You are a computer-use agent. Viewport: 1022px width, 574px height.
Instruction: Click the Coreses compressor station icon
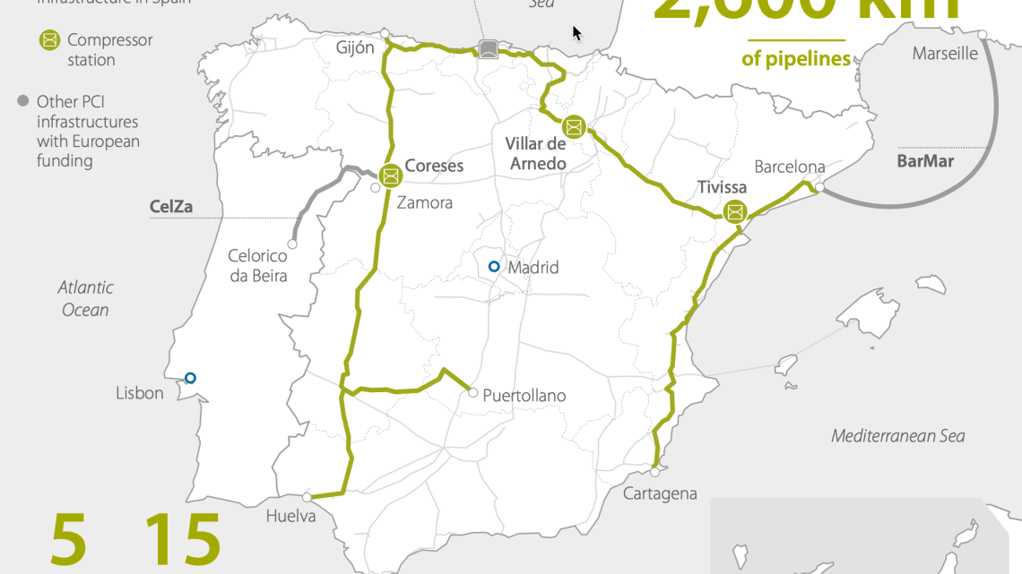tap(391, 176)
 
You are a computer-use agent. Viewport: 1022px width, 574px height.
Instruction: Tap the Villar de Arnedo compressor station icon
tap(574, 127)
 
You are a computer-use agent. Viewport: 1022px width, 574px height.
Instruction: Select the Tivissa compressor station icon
tap(735, 212)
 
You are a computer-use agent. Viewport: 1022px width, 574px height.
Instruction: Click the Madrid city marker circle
tap(493, 266)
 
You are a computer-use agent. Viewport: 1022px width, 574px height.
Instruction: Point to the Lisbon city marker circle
tap(190, 378)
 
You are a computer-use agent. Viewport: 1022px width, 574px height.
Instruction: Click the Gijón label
tap(355, 47)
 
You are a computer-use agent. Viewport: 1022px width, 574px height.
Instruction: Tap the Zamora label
tap(424, 202)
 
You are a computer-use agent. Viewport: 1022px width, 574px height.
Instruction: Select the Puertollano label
tap(524, 396)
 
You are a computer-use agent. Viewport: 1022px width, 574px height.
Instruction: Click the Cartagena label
tap(660, 493)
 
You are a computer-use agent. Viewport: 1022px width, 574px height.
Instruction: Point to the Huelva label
tap(291, 516)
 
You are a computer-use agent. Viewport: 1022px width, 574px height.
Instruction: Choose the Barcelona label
tap(790, 167)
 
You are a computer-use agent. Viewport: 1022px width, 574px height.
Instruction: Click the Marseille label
tap(945, 54)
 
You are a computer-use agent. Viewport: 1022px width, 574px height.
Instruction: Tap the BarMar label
tap(925, 162)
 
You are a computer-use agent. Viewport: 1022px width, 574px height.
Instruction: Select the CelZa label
tap(171, 207)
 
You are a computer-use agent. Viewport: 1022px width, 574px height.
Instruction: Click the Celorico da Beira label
tap(258, 266)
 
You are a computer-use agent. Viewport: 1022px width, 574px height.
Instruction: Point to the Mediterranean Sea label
tap(898, 436)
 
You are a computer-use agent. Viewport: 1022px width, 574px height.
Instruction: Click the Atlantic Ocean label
tap(86, 299)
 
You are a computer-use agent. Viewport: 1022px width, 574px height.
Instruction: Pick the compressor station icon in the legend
tap(49, 40)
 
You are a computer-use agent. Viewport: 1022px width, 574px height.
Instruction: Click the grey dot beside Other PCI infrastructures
tap(23, 101)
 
